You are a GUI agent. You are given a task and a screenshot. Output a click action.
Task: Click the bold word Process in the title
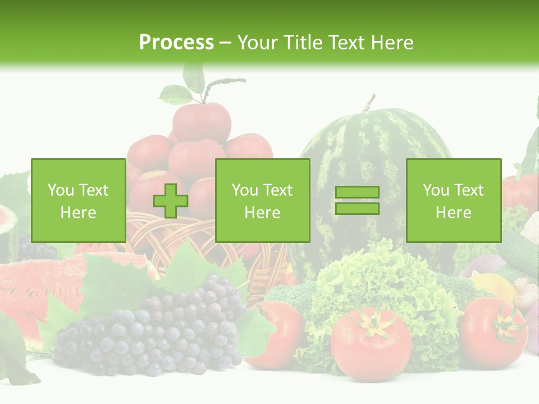pos(176,42)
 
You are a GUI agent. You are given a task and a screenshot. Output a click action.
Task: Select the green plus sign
pos(171,200)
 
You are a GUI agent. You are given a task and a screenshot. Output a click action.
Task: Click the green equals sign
pos(357,200)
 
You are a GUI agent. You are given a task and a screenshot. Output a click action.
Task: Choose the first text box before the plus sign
pos(78,200)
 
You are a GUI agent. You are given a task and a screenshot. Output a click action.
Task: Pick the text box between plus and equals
pos(262,200)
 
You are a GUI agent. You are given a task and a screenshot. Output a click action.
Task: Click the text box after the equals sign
pos(453,200)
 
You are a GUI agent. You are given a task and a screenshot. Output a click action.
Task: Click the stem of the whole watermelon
pos(368,103)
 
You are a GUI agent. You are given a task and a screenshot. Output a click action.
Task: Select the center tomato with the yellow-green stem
pos(371,342)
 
